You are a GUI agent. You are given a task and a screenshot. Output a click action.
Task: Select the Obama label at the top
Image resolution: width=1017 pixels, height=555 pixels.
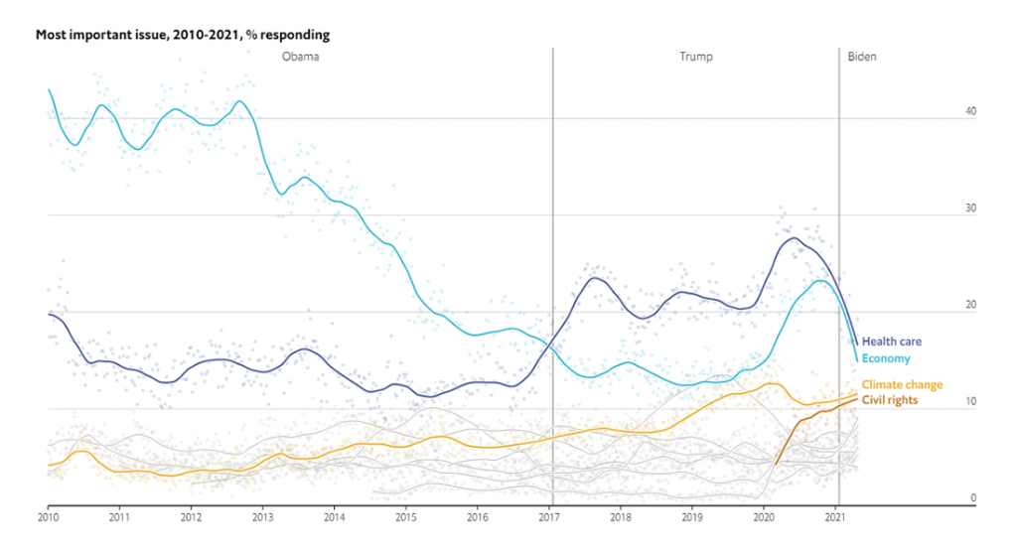pos(299,58)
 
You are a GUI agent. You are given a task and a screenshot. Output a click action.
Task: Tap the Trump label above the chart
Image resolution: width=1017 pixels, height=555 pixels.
pos(695,58)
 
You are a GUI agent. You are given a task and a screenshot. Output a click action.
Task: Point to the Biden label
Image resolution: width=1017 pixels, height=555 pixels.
pos(862,58)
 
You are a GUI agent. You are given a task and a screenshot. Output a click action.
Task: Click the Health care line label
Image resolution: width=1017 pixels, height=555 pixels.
pos(891,342)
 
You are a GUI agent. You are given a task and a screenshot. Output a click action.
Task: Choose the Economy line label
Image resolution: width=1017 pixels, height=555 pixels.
pos(886,358)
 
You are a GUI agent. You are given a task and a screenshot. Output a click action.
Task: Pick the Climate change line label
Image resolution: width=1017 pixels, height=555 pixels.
pos(902,385)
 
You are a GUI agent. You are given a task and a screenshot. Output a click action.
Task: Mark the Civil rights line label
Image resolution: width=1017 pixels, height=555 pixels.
pos(890,400)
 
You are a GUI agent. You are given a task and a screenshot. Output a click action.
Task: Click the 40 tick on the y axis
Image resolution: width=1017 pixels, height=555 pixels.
pos(970,112)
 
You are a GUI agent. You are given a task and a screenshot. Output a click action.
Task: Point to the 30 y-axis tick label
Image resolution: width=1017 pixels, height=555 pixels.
pos(970,209)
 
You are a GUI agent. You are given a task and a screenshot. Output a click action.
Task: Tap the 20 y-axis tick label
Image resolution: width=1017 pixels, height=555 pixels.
pos(970,306)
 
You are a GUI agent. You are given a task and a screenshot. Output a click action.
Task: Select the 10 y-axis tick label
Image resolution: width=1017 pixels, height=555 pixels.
pos(970,403)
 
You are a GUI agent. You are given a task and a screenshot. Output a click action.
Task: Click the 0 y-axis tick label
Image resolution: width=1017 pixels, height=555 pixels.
pos(973,498)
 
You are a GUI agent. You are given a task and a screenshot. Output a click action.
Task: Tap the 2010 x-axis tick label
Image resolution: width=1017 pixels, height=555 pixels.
pos(48,517)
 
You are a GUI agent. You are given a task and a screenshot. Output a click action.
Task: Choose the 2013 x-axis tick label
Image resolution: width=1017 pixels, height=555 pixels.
pos(262,517)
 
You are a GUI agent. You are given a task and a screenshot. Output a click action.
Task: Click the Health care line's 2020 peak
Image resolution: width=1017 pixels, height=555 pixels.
pos(794,237)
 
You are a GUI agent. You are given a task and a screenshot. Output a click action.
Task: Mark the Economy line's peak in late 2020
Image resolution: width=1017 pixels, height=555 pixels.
pos(819,280)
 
